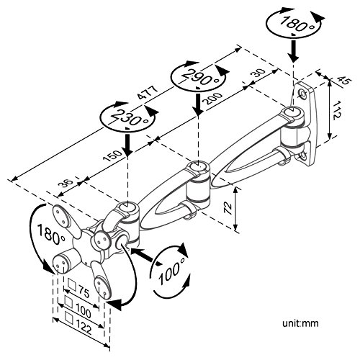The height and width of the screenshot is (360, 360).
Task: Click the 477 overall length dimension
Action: pyautogui.click(x=148, y=92)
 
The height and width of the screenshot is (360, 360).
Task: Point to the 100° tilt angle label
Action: pyautogui.click(x=172, y=270)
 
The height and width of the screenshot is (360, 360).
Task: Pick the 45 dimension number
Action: pyautogui.click(x=345, y=81)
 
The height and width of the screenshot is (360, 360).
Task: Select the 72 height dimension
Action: pyautogui.click(x=228, y=208)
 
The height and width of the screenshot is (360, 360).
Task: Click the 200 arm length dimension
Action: pyautogui.click(x=212, y=99)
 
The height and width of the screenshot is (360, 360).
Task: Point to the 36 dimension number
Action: pyautogui.click(x=66, y=184)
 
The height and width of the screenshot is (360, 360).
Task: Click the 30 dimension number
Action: pyautogui.click(x=258, y=73)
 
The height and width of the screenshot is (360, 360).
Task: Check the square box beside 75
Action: pyautogui.click(x=72, y=284)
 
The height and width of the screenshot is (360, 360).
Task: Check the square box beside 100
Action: pyautogui.click(x=69, y=302)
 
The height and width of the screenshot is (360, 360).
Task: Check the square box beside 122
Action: pyautogui.click(x=70, y=318)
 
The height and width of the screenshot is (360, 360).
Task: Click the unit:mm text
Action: pyautogui.click(x=300, y=323)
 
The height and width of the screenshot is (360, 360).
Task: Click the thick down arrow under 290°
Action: pyautogui.click(x=198, y=103)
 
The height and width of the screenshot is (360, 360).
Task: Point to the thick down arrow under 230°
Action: pyautogui.click(x=127, y=145)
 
